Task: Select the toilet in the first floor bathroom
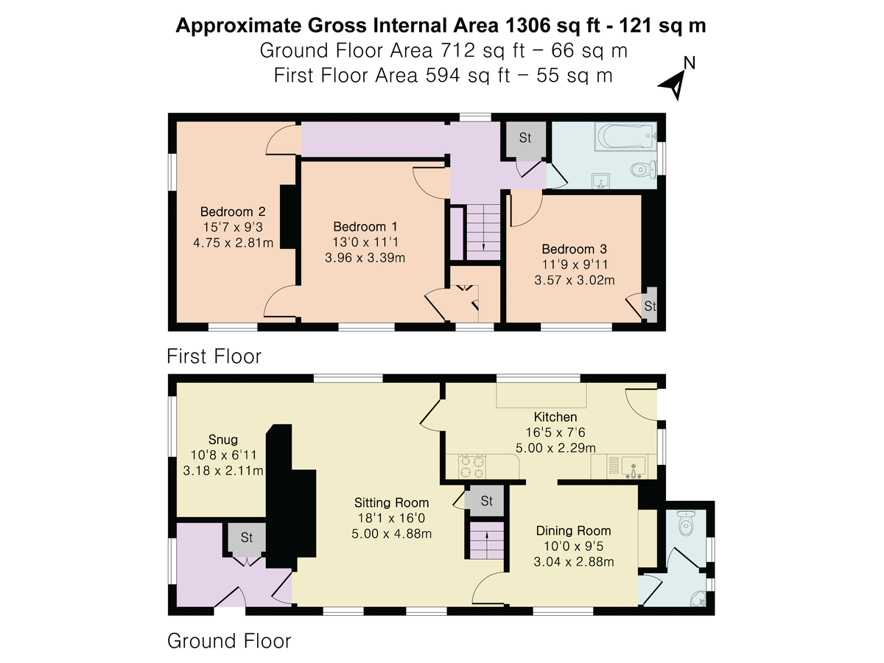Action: point(644,170)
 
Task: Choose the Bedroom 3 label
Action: point(574,249)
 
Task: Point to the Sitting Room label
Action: point(391,502)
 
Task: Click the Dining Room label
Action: point(573,530)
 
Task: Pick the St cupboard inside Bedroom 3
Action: point(649,306)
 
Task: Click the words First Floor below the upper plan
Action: point(214,357)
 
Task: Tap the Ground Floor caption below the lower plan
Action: point(229,641)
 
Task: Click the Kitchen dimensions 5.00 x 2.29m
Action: point(555,447)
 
